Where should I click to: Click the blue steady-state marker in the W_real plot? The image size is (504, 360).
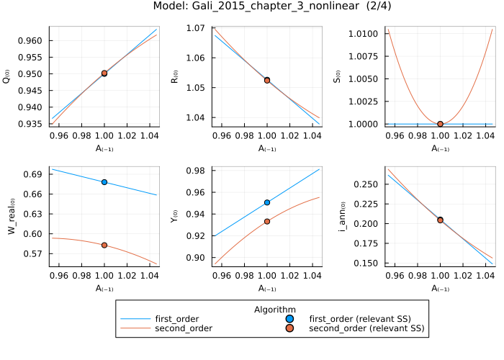pos(104,182)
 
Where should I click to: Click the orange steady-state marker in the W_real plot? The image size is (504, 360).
pos(104,246)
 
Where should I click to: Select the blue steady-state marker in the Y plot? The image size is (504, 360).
pos(267,202)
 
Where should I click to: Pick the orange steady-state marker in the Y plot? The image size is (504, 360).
pos(267,221)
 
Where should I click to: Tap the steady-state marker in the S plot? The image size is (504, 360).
pos(440,124)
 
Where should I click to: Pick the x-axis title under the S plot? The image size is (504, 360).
pos(440,149)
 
